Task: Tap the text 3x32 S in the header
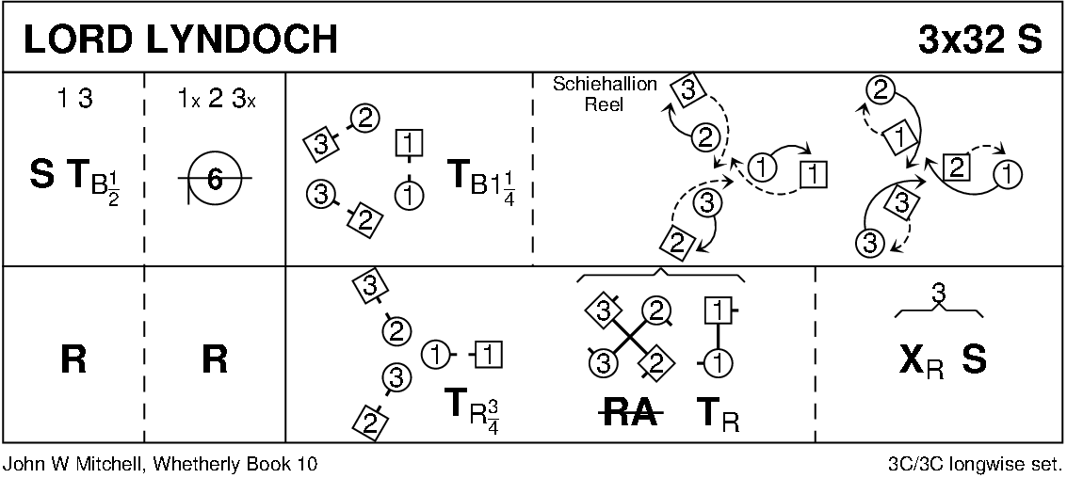tap(979, 39)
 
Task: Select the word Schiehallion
tap(605, 85)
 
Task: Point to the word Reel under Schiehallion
tap(604, 104)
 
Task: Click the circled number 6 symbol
tap(214, 177)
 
